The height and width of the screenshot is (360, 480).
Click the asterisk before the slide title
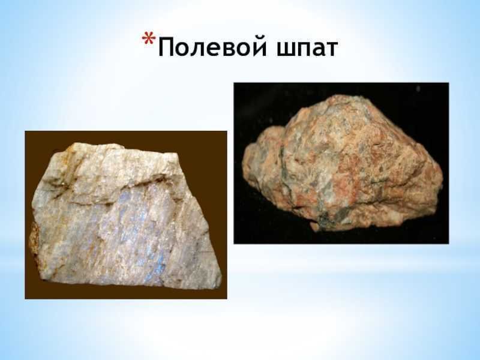(x=149, y=40)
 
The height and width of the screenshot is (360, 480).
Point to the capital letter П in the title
(x=167, y=47)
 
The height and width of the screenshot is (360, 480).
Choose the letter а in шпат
(x=316, y=49)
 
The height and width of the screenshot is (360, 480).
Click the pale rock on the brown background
(x=120, y=216)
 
